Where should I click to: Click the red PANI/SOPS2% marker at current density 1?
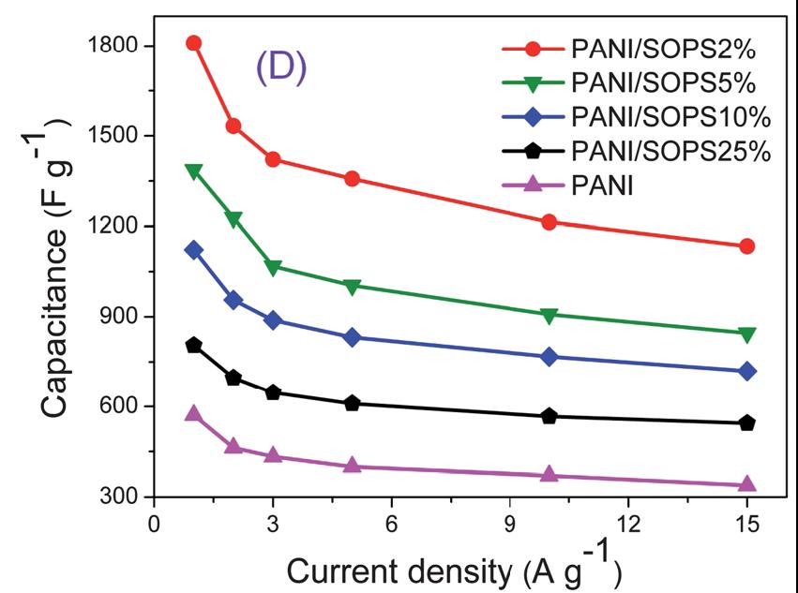point(194,43)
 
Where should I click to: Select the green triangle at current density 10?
point(550,315)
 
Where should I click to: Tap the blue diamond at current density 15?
point(747,372)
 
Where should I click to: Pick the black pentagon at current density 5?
point(352,403)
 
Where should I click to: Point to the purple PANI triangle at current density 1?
point(194,413)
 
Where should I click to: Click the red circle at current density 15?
point(747,246)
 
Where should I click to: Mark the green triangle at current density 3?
point(273,268)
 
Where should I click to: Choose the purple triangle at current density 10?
point(550,474)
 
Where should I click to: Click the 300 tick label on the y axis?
point(120,497)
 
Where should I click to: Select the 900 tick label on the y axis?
point(120,317)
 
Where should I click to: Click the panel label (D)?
point(281,70)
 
